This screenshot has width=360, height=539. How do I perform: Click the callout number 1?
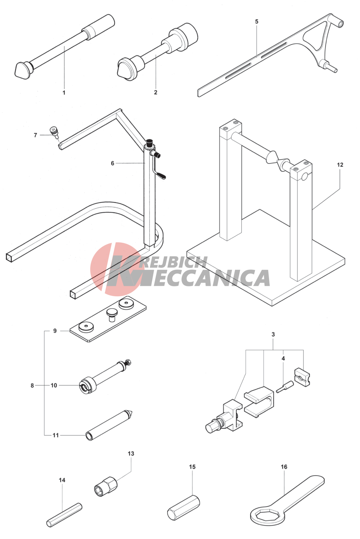tap(64, 92)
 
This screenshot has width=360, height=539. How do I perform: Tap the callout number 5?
tap(257, 21)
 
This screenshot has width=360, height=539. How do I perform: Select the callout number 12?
tap(340, 165)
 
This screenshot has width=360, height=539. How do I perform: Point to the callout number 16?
tap(284, 467)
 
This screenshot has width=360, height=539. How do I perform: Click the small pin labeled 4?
tap(285, 387)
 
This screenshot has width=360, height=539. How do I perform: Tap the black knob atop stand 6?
tap(149, 141)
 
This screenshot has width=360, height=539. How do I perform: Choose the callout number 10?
tap(54, 385)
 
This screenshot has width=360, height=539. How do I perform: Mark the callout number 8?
tap(32, 385)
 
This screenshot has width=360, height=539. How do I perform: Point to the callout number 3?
tap(273, 334)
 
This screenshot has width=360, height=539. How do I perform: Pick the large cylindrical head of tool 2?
tap(183, 38)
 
